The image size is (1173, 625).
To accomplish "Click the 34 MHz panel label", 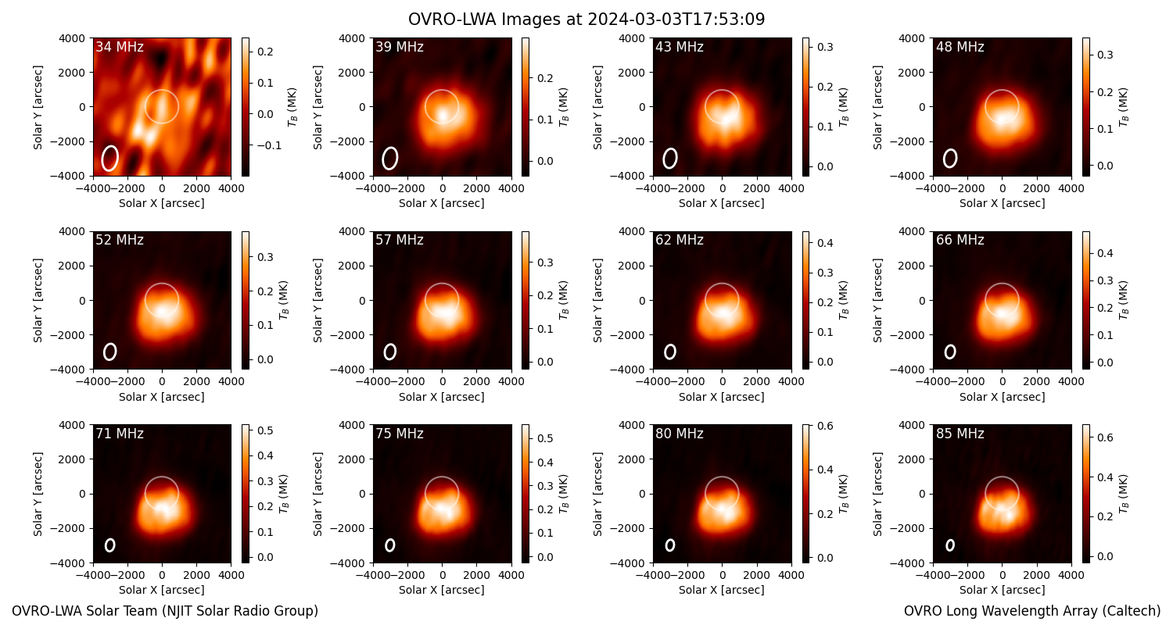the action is click(x=120, y=47).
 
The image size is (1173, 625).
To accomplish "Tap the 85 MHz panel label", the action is click(x=960, y=434).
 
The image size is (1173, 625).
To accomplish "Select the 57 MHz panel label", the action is click(x=400, y=240).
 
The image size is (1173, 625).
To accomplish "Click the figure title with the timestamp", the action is click(x=586, y=19).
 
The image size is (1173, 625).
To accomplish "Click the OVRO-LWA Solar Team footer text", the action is click(x=165, y=611).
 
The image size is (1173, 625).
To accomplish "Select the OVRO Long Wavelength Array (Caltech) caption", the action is click(x=1032, y=611).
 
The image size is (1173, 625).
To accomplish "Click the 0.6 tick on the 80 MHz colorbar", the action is click(x=825, y=426).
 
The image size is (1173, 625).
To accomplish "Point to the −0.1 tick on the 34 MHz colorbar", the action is click(x=269, y=145).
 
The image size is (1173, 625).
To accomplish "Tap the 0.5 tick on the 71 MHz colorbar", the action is click(x=266, y=430).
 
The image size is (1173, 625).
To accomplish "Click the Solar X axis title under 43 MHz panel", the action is click(x=722, y=203).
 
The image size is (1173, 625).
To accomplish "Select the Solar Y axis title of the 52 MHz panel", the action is click(x=38, y=300).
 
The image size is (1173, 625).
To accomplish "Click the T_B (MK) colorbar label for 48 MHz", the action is click(x=1123, y=107).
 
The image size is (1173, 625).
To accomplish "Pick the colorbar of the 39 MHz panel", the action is click(x=526, y=107).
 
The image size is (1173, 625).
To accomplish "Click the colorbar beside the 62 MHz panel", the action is click(x=805, y=300).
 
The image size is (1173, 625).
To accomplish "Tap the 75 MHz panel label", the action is click(x=400, y=434).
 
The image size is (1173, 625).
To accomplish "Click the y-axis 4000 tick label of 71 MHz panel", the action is click(x=73, y=425).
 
